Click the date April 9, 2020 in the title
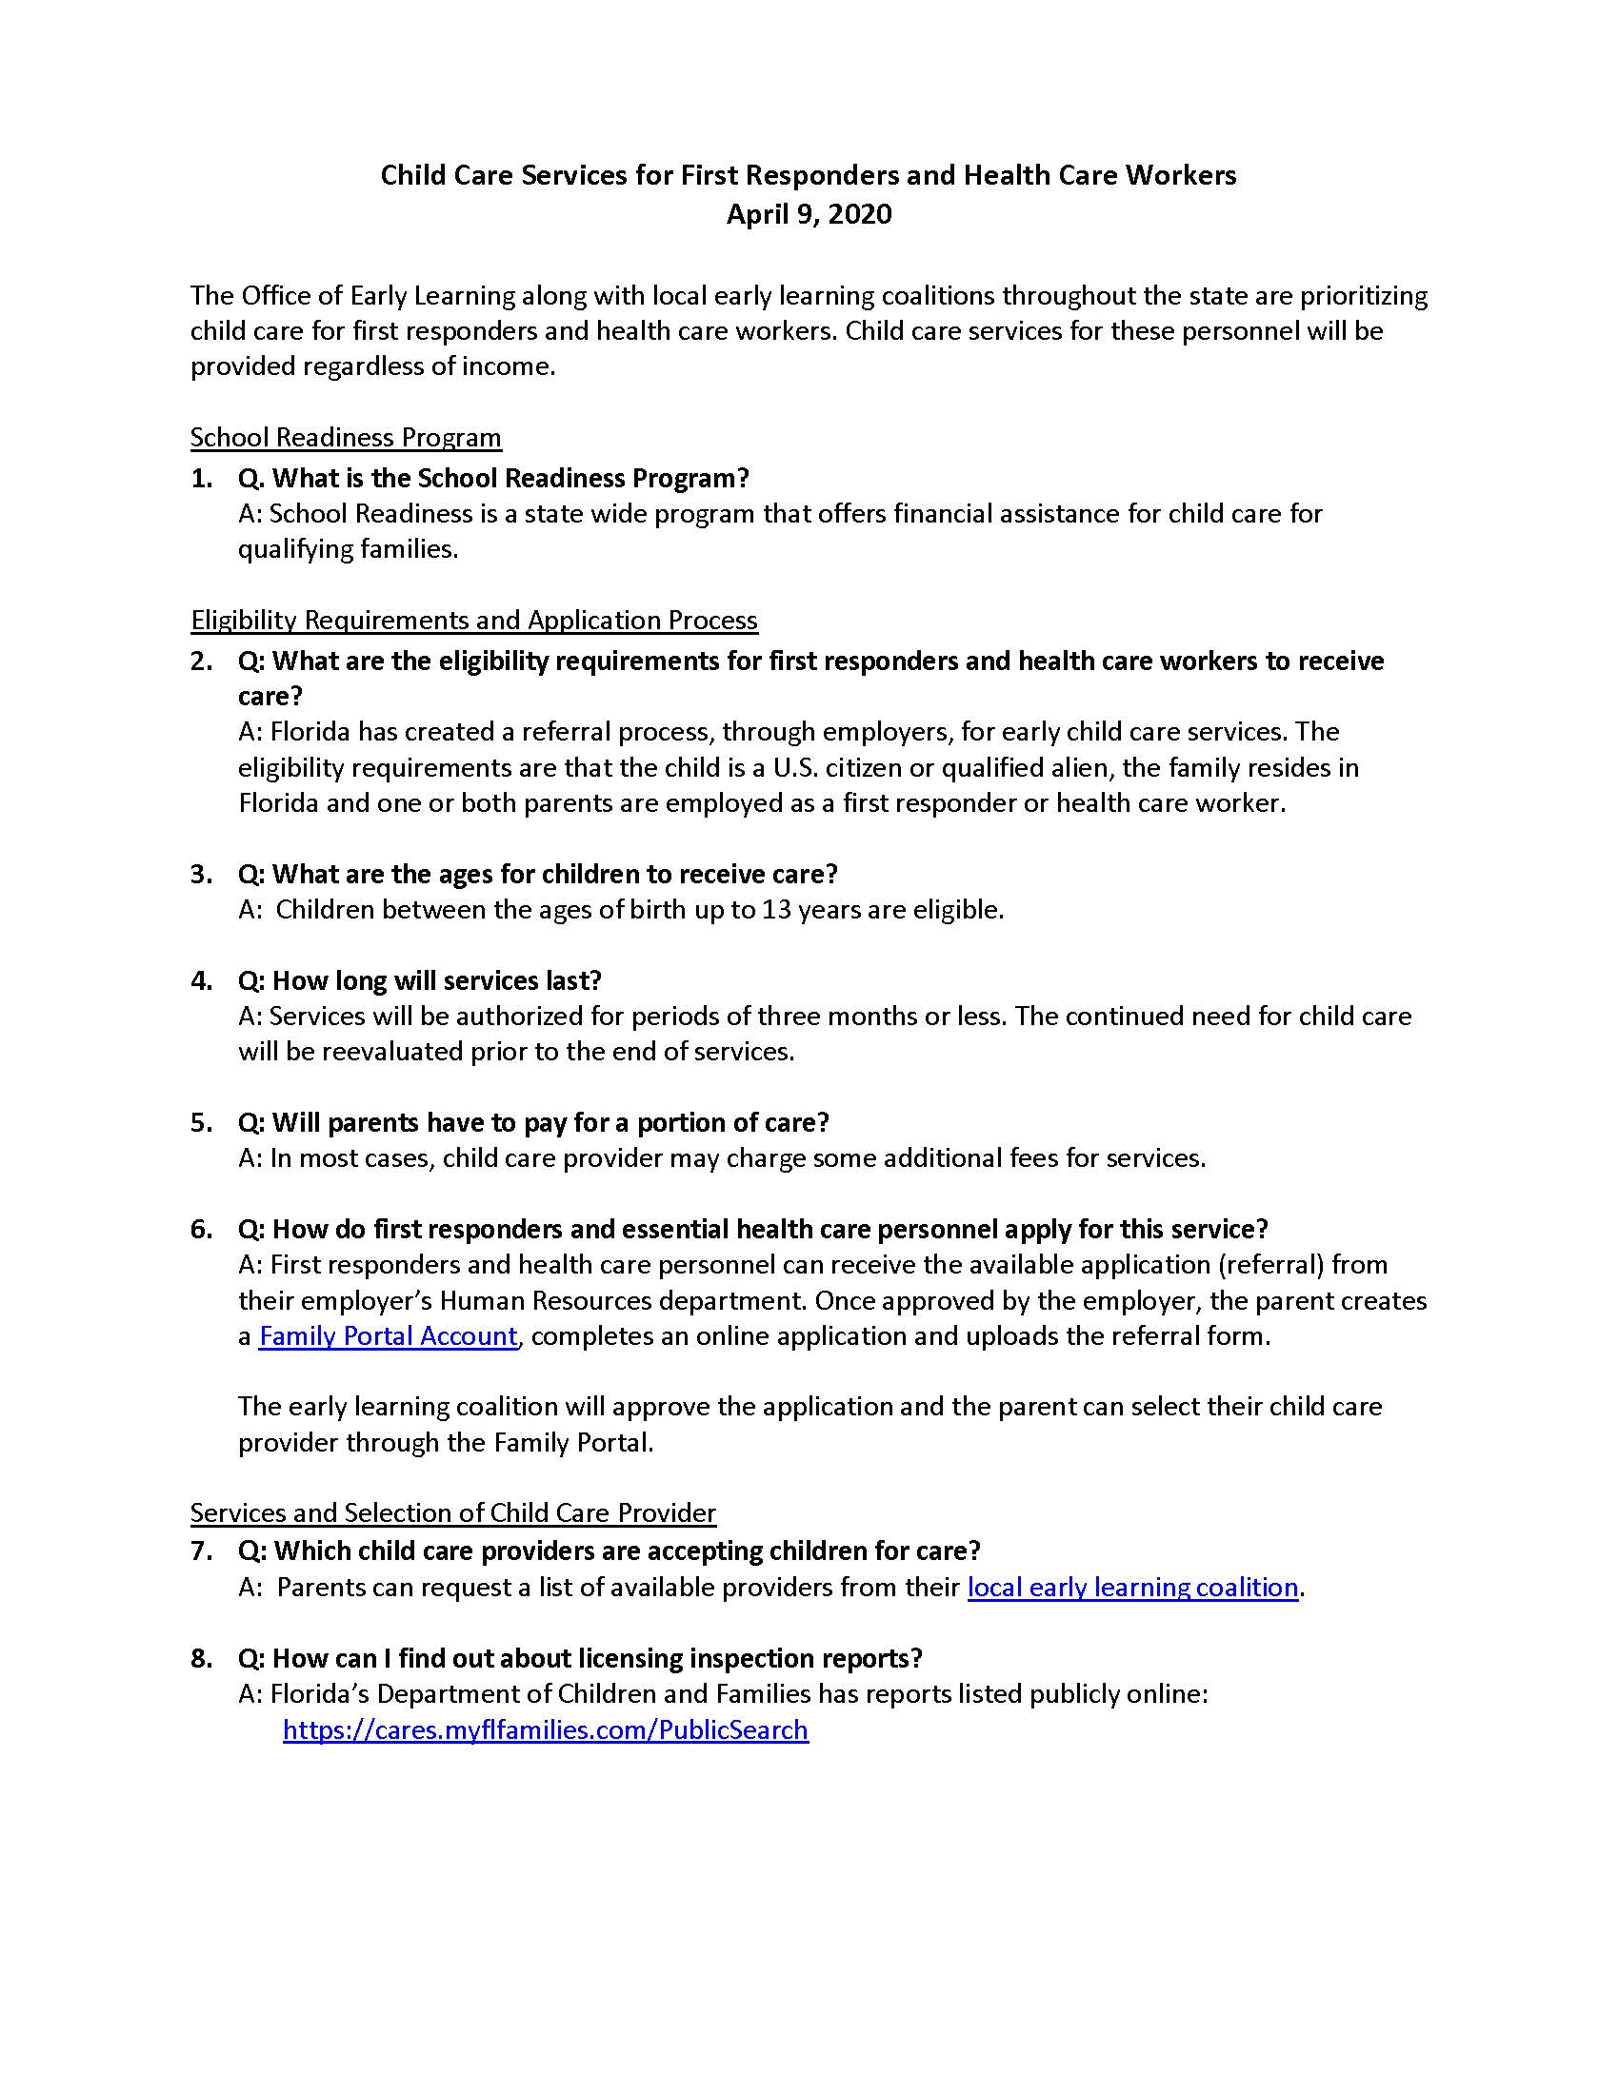[809, 214]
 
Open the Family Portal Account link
[388, 1336]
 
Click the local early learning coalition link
[1131, 1587]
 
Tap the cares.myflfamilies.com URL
[545, 1729]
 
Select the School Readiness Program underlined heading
[346, 438]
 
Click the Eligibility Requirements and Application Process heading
[474, 621]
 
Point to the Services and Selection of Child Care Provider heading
[452, 1513]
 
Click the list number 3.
[200, 875]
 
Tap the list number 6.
[200, 1229]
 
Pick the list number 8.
[200, 1659]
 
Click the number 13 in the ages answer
[775, 910]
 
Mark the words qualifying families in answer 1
[347, 549]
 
